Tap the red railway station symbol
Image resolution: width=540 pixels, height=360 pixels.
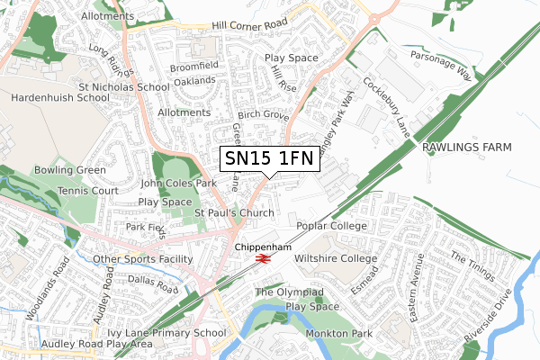point(263,258)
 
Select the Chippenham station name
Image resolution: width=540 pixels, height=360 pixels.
point(263,246)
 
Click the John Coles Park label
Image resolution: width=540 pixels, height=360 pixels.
point(180,183)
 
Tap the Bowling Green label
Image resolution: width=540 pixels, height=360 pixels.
point(69,169)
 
